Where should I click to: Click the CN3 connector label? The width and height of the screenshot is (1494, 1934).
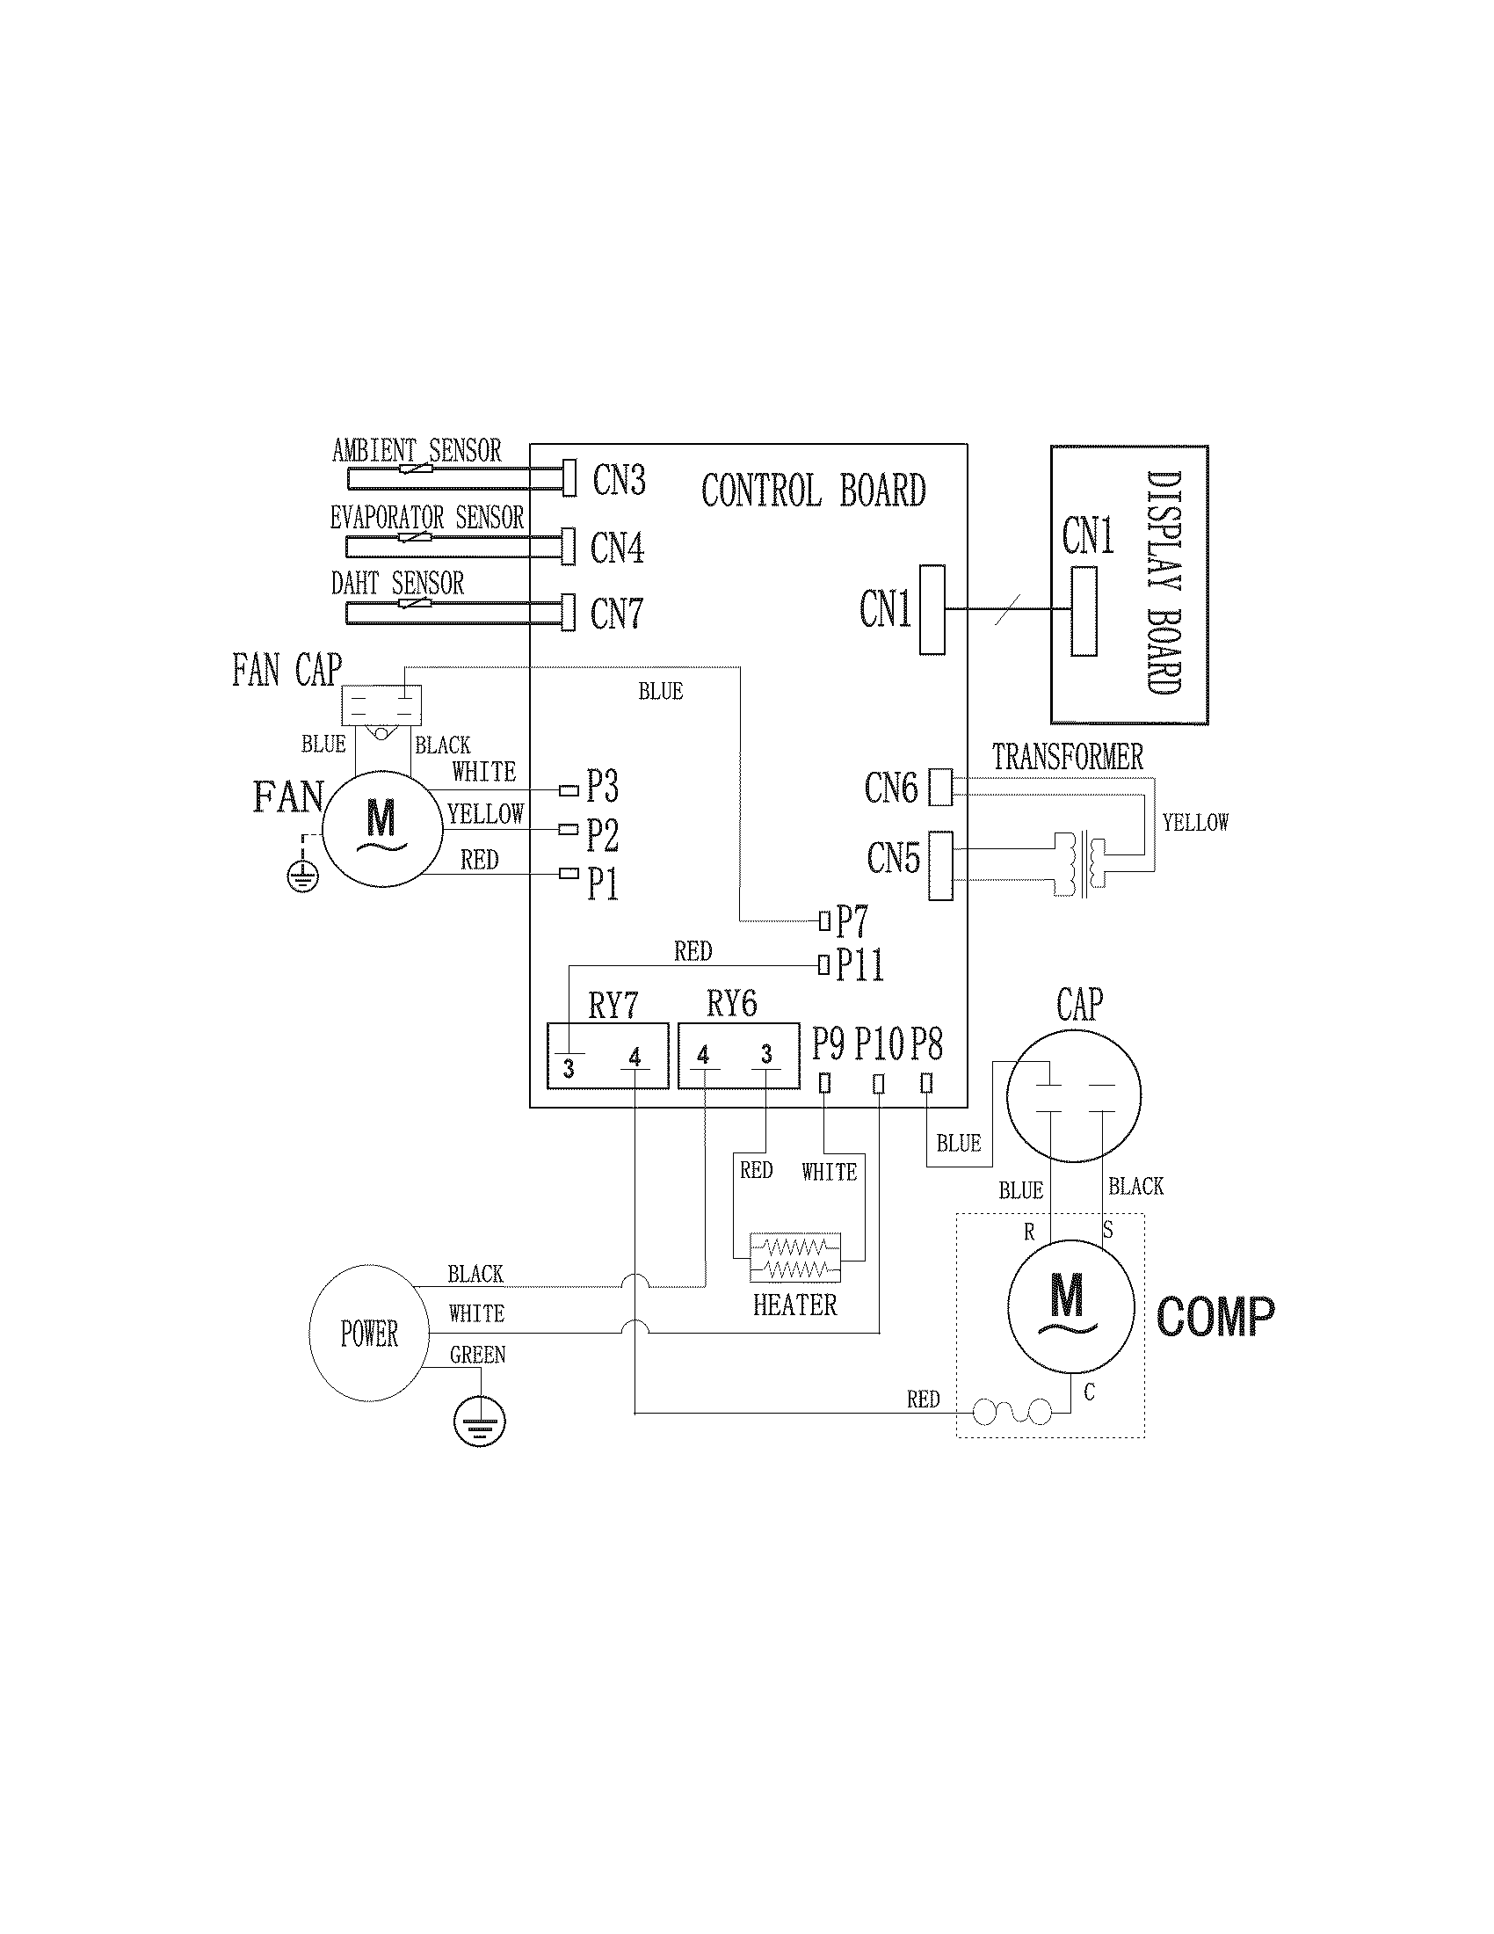point(619,480)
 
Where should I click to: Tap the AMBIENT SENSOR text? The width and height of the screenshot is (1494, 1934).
point(416,451)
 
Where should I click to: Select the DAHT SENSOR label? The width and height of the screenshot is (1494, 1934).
point(397,584)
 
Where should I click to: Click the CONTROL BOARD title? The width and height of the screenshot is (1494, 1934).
point(814,491)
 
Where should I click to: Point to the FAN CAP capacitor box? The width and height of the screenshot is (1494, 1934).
point(381,705)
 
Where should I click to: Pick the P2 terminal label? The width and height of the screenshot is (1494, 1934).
point(602,834)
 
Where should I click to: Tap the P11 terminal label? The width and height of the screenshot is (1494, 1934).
point(859,964)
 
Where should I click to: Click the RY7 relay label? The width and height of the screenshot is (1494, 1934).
point(613,1006)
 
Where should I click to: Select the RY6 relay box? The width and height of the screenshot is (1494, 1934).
point(738,1057)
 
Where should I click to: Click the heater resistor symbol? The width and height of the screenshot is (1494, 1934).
point(794,1258)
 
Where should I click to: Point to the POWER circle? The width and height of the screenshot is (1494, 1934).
point(369,1333)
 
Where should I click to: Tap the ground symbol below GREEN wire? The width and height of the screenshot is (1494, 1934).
point(479,1423)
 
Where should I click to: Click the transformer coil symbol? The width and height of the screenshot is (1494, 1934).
point(1083,863)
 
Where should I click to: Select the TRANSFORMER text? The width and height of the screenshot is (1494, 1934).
point(1068,758)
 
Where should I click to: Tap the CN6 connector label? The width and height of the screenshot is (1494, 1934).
point(890,789)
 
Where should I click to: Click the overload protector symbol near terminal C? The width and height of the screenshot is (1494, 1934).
point(1012,1412)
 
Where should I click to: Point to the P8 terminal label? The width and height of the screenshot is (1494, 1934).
point(925,1044)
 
